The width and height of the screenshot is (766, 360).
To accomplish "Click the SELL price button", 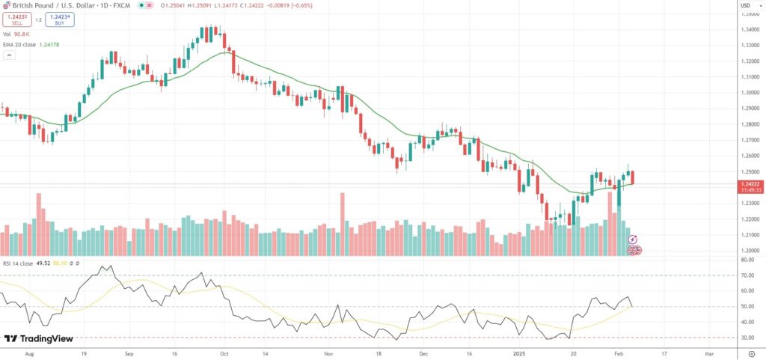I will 16,19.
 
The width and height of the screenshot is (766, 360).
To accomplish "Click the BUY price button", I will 59,19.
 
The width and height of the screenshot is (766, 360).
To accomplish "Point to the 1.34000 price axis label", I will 750,29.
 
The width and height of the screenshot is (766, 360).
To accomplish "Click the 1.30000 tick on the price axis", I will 750,93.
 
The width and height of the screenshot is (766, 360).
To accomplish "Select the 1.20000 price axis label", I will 750,251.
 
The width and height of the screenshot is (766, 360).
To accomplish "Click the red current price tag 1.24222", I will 750,183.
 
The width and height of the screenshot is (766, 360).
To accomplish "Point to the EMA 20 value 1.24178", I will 47,45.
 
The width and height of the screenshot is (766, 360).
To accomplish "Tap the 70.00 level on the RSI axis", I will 748,275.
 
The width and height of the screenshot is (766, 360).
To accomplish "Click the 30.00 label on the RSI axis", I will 748,338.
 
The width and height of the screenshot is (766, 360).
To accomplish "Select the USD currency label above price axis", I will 746,6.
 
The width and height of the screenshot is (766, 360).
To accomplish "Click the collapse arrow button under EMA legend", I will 7,56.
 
